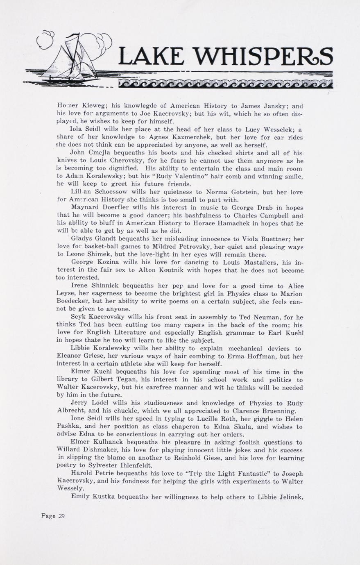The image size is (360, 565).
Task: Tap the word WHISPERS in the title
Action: click(264, 57)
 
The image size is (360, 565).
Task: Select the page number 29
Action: click(61, 516)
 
